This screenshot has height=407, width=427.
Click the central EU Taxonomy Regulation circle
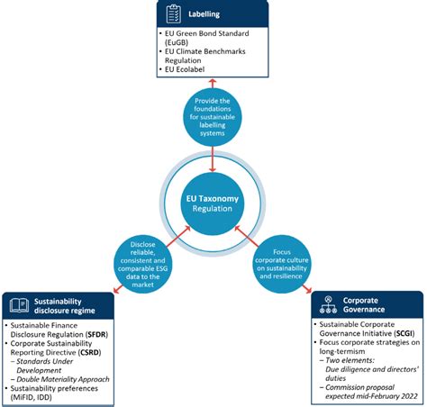(x=213, y=203)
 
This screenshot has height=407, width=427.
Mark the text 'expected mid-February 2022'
(x=360, y=393)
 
